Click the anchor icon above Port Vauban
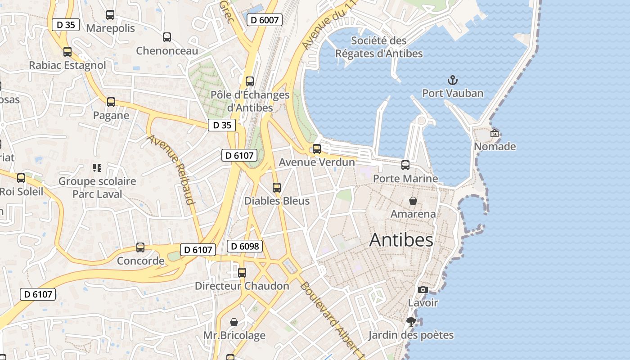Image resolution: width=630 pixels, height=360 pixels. [x=452, y=81]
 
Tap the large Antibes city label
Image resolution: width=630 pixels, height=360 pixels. [x=401, y=240]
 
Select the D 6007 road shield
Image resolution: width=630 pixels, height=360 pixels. [x=265, y=20]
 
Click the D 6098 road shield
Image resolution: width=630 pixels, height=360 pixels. [x=244, y=246]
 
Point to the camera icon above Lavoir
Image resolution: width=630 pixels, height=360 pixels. [x=423, y=289]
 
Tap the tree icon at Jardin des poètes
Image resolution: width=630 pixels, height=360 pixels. [x=411, y=321]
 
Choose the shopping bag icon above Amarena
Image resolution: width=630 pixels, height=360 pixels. [x=413, y=201]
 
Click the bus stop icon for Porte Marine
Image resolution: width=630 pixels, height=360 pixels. [x=405, y=165]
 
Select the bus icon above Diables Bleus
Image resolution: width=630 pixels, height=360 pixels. [x=277, y=188]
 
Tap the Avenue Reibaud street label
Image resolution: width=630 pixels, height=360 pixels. [x=171, y=169]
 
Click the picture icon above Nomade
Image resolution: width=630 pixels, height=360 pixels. [x=495, y=133]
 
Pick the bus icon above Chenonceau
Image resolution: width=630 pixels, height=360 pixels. [x=167, y=37]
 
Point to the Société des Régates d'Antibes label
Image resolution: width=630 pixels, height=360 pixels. [x=379, y=47]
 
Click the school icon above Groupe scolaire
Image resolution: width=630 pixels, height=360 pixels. [x=97, y=168]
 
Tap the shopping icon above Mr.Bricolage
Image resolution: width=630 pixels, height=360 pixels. [x=234, y=322]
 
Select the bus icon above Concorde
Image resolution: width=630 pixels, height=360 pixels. [x=140, y=247]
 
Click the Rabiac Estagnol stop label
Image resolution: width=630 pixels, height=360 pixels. [x=67, y=65]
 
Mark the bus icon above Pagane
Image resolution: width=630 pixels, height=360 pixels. [x=111, y=102]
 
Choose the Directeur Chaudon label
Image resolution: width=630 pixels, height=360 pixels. [x=242, y=286]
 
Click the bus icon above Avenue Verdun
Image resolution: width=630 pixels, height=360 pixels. [x=317, y=149]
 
